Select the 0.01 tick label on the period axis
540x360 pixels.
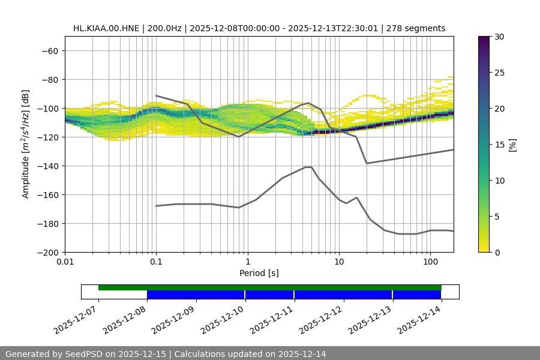(65, 262)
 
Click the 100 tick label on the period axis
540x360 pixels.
(430, 262)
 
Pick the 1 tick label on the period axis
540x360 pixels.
(247, 262)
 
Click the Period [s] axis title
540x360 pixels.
(259, 273)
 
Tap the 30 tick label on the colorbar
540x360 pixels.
(499, 37)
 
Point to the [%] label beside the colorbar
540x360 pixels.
(512, 145)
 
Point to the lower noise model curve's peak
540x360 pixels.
(308, 167)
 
